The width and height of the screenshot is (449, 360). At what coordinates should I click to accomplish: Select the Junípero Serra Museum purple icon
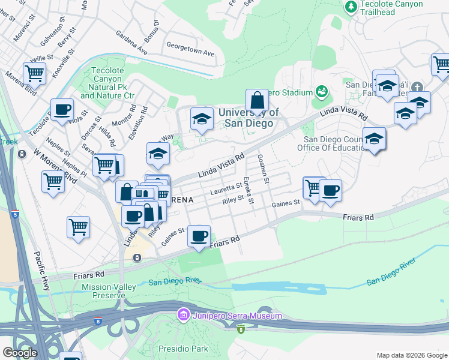coord(183,314)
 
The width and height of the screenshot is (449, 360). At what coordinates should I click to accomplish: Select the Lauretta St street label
coord(226,190)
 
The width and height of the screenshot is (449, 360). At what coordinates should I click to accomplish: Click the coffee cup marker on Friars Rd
coord(199,236)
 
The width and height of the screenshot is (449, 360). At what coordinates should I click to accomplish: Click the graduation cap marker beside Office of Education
coord(374,139)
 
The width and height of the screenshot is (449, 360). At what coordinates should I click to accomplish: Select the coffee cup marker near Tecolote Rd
coord(62,110)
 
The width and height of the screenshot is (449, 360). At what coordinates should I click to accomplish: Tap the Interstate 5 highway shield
coord(14,214)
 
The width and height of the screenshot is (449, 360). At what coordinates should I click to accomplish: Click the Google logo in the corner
coord(20,353)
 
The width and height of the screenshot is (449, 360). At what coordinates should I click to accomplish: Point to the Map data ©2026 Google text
coord(411,355)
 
